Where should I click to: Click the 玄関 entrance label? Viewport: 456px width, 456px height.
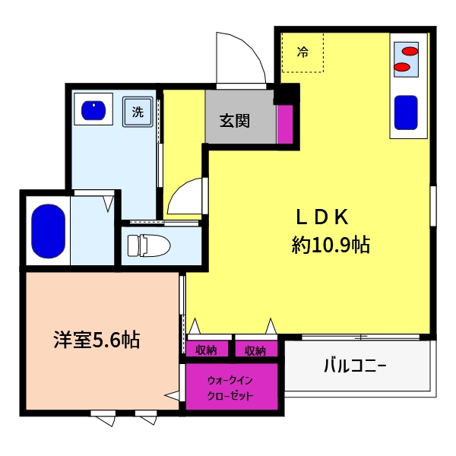pos(236,119)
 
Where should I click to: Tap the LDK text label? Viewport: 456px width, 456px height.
pos(321,217)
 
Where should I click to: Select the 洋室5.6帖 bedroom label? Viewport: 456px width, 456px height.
pos(96,339)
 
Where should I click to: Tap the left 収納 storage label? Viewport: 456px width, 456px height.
pos(207,350)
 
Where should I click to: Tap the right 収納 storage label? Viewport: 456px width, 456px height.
pos(255,350)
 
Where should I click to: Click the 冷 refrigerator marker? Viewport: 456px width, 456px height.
pos(302,52)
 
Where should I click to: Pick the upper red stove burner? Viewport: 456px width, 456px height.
pos(410,52)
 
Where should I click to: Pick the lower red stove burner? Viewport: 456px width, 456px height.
pos(403,68)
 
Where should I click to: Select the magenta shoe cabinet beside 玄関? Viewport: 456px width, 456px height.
pos(284,124)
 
